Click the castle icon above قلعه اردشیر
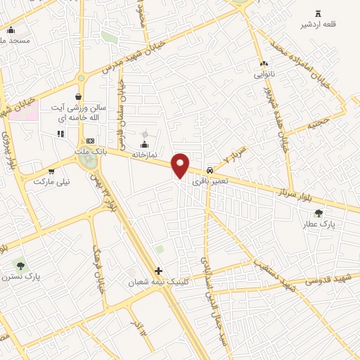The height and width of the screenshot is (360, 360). [319, 13]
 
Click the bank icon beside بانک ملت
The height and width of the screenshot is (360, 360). [89, 141]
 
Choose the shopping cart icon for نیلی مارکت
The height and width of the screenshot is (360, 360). [51, 171]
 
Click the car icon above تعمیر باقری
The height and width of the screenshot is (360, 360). [211, 170]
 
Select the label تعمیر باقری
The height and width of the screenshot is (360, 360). [211, 181]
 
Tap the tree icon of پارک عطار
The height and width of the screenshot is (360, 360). [319, 213]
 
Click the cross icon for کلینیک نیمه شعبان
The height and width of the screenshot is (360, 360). [159, 271]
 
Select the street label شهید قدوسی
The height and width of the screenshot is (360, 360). [328, 281]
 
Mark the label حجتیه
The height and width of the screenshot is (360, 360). [317, 124]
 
